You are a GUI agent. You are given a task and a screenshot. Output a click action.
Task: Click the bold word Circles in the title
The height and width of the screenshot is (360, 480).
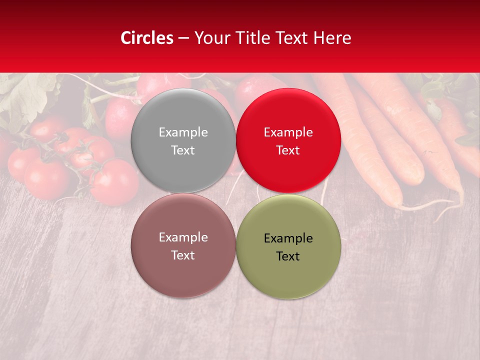147,38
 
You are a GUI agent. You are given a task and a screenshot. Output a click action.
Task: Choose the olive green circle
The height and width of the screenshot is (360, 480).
288,270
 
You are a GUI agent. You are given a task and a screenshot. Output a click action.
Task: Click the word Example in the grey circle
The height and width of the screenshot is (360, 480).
183,132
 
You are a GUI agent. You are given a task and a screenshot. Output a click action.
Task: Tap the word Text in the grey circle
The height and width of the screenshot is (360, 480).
183,150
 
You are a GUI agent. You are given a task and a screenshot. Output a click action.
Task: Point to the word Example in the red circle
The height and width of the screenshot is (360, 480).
288,132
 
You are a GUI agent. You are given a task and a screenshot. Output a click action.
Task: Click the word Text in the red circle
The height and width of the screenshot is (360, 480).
288,150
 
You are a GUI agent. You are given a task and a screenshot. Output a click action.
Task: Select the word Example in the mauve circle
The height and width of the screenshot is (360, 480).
183,237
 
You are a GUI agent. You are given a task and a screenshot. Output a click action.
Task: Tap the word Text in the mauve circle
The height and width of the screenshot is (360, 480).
183,255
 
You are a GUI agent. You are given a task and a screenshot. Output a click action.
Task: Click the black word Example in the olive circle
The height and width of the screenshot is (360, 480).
288,238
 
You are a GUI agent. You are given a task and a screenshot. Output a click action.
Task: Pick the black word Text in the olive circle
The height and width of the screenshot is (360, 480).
288,256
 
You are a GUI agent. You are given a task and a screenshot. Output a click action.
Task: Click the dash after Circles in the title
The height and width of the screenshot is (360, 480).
183,38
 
